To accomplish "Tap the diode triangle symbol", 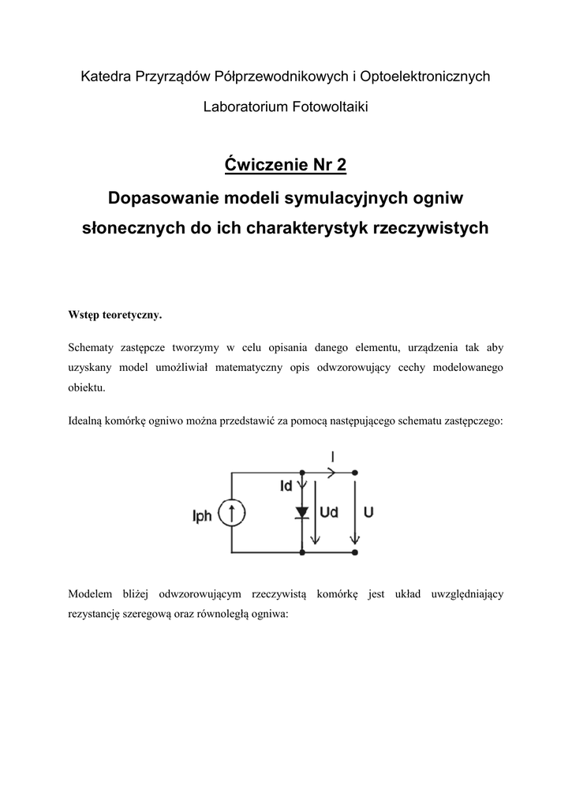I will (301, 512).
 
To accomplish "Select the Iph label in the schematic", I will (202, 516).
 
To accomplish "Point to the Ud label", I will (329, 512).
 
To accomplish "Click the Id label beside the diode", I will (286, 487).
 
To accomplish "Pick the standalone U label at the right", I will (368, 512).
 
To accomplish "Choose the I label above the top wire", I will (332, 456).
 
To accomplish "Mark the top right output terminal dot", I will (355, 473).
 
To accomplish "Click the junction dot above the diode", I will (302, 473).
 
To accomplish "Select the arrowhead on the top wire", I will (331, 473).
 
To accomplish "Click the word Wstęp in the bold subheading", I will (86, 315).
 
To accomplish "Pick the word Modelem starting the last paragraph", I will (91, 593).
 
